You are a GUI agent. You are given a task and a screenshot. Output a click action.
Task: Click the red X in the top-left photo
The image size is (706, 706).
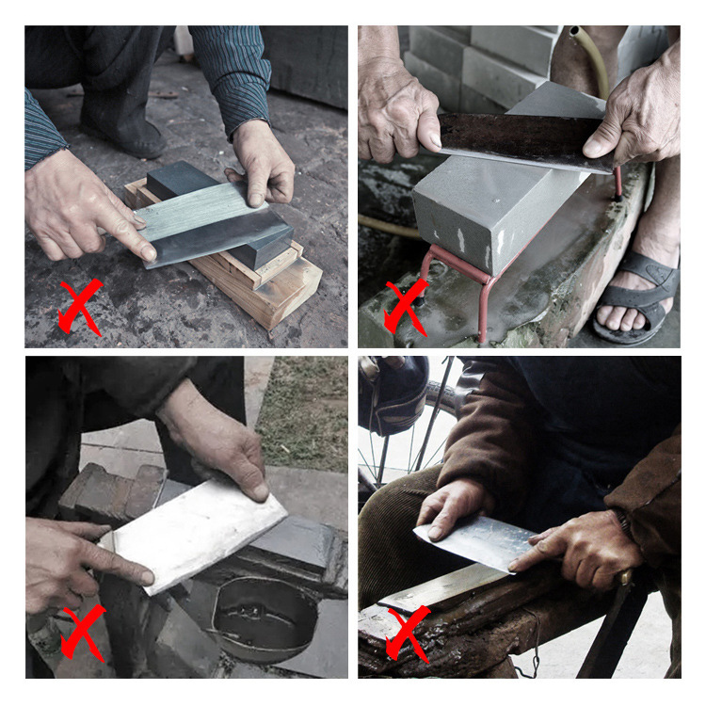(x=80, y=306)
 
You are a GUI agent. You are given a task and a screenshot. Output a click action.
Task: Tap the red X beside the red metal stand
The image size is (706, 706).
(x=405, y=306)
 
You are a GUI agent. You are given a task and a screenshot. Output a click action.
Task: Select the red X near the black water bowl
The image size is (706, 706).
(x=83, y=631)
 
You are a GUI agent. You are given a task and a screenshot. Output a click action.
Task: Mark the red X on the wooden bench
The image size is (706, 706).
(x=407, y=633)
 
